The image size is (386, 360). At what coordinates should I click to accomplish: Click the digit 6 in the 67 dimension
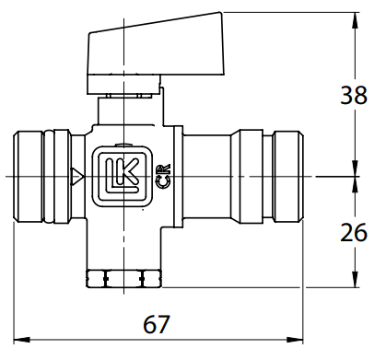[152, 326]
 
